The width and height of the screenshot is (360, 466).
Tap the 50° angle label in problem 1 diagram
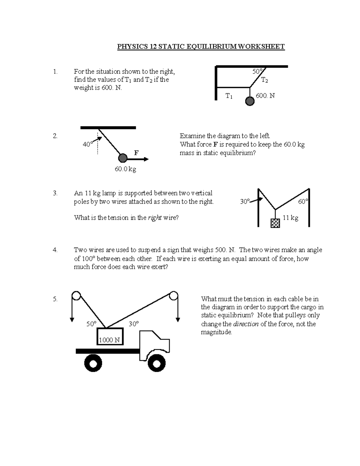pos(257,71)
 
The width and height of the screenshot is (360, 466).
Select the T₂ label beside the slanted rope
pos(264,80)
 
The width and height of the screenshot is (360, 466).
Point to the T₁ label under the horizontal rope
pos(229,96)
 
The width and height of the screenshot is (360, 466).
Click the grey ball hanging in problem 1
pos(250,101)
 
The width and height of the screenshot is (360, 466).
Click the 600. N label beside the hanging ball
pos(265,96)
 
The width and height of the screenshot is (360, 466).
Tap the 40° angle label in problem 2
pos(88,144)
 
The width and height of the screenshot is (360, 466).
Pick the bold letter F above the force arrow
pos(136,153)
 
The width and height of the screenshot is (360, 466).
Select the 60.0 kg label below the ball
pos(125,169)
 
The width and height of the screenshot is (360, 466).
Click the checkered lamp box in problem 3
pos(275,223)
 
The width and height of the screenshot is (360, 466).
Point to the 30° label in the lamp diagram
pos(245,202)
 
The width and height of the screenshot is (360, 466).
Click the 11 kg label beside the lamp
pos(290,218)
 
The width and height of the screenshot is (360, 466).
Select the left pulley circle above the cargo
pos(76,296)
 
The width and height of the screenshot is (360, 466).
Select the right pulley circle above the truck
pos(173,296)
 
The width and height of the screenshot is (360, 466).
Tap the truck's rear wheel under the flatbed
pos(93,363)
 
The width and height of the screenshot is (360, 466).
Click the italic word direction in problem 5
pos(246,324)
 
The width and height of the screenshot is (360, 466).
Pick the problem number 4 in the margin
pos(55,250)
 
